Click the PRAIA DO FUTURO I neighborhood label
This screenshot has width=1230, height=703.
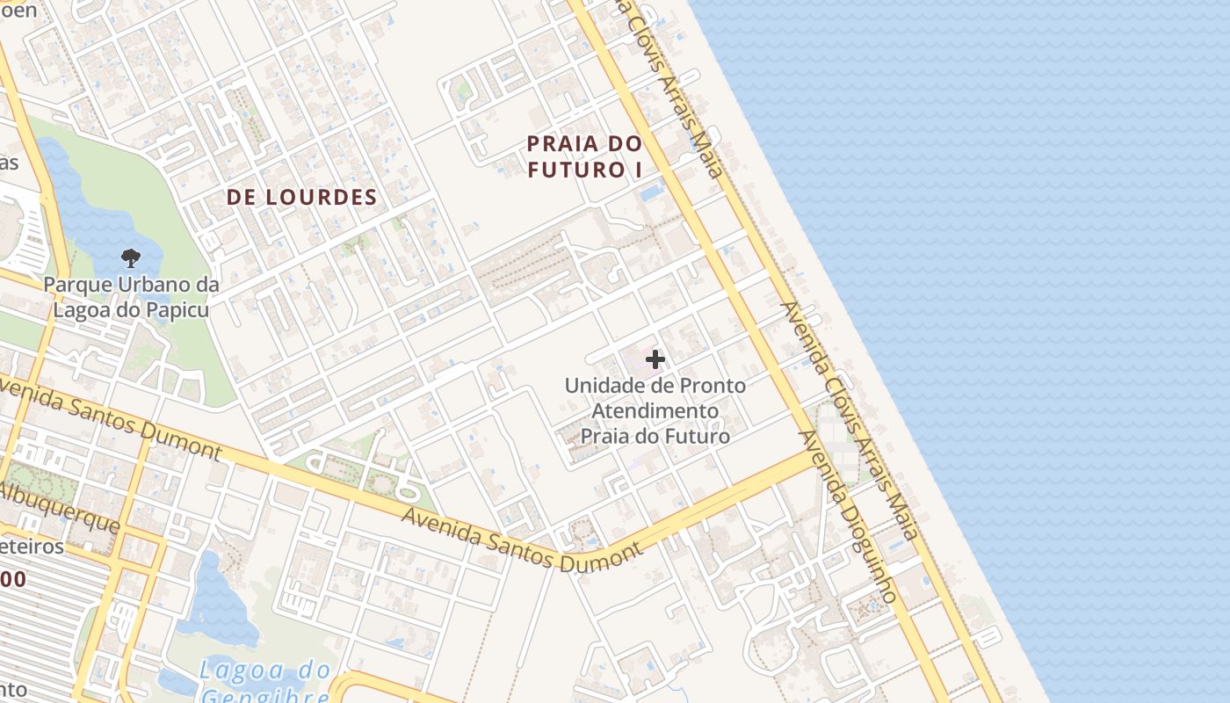pos(585,156)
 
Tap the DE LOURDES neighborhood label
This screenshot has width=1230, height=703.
pos(301,198)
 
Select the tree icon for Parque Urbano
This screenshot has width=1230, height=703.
pos(131,257)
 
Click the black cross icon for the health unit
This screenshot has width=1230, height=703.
pos(655,359)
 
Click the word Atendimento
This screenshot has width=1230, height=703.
pos(655,410)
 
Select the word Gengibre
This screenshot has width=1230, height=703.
pos(264,697)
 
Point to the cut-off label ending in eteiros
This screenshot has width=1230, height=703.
pos(33,547)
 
